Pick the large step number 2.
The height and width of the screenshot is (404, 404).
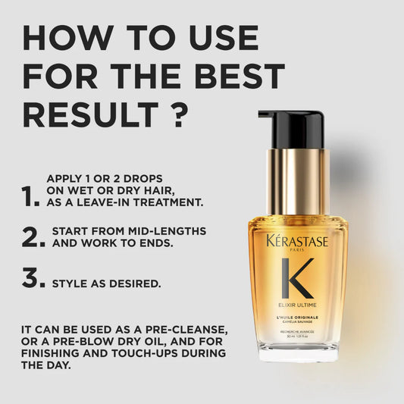pyautogui.click(x=33, y=236)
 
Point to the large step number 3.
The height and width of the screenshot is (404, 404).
pyautogui.click(x=33, y=277)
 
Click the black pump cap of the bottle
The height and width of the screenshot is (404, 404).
pyautogui.click(x=291, y=129)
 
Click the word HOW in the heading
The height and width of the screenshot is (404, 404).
pyautogui.click(x=64, y=37)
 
